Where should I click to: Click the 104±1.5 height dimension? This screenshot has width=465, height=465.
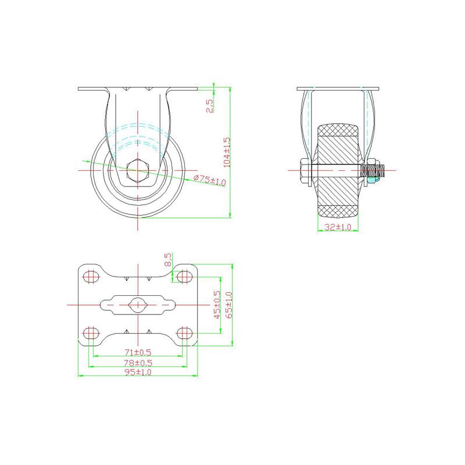click(227, 152)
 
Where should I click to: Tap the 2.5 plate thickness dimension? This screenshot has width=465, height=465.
click(210, 105)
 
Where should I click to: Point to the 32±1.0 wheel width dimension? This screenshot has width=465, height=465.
click(338, 227)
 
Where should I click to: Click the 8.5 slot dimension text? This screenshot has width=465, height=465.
click(169, 259)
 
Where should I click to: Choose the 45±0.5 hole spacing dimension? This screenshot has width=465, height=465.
click(217, 305)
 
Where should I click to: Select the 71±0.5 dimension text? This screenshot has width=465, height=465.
click(138, 352)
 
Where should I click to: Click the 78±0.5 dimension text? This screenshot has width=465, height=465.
click(138, 363)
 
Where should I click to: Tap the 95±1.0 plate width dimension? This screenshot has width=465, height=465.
click(138, 373)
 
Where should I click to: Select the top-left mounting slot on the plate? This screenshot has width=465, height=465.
click(90, 276)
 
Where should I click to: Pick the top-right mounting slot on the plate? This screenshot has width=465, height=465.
click(185, 276)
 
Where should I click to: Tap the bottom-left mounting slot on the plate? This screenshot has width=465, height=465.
click(90, 332)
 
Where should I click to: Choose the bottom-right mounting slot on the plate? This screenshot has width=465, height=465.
click(185, 332)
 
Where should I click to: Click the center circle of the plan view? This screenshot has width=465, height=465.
click(138, 304)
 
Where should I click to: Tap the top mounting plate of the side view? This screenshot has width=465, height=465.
click(338, 88)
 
